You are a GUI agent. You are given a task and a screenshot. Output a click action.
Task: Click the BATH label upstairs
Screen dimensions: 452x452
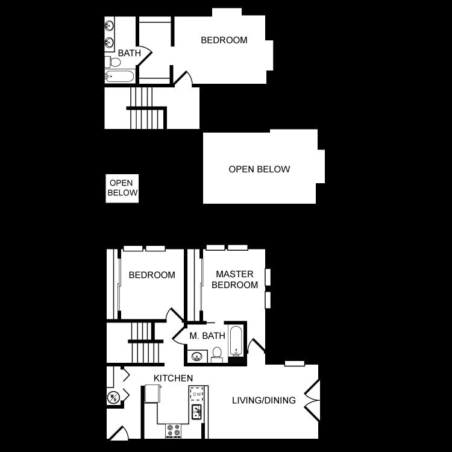tap(129, 53)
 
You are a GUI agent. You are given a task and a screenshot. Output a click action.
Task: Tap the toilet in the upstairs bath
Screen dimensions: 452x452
tap(113, 62)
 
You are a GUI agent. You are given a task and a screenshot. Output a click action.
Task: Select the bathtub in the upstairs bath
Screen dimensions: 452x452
tap(119, 77)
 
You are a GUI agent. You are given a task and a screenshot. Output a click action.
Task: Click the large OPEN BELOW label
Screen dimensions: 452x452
tap(259, 169)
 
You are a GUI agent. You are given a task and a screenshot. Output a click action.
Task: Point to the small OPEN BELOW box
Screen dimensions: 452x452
tap(122, 188)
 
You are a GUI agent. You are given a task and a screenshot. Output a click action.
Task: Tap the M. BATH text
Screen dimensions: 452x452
tap(207, 336)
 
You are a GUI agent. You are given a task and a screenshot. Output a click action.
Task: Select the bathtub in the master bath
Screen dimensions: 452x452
tap(235, 342)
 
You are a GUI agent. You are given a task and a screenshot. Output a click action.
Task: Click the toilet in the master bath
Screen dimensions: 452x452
tap(217, 354)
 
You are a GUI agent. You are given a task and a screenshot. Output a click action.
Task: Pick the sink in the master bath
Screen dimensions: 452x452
tap(197, 356)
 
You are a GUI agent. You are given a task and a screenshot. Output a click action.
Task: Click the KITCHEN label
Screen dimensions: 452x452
tap(173, 378)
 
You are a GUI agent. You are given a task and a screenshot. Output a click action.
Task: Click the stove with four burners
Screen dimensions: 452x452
tap(173, 430)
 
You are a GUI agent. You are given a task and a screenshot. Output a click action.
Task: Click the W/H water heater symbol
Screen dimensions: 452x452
tap(113, 397)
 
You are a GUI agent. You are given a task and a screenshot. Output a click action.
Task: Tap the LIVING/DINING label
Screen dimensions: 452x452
tap(264, 400)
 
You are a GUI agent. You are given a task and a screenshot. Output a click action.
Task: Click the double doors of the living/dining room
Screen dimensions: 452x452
tap(312, 400)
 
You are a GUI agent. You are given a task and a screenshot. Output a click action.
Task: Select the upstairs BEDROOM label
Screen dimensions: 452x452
tap(224, 40)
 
